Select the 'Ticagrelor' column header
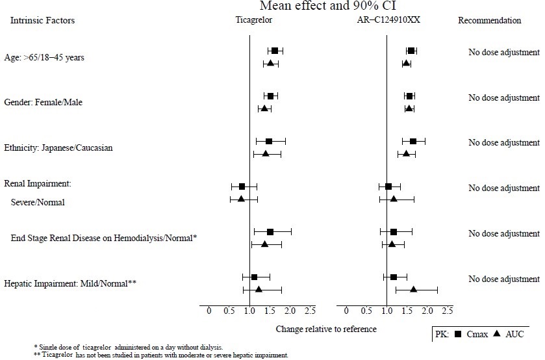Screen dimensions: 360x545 coord(253,20)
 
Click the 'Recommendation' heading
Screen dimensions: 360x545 coord(490,20)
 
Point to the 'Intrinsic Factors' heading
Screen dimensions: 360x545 coord(42,20)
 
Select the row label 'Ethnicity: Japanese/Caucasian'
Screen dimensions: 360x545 coord(58,148)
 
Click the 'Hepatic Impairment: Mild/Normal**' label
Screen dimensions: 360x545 coord(70,283)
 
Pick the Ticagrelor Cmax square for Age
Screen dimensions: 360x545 coord(275,51)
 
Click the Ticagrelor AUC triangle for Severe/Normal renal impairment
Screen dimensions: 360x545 coord(241,198)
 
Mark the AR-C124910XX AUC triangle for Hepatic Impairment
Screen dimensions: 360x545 coord(413,289)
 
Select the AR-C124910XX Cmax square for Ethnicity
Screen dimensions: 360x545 coord(413,141)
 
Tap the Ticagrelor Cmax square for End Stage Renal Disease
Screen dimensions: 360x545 coord(270,231)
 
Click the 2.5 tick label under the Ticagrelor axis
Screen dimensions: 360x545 coord(310,310)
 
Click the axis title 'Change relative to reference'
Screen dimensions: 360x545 coord(326,329)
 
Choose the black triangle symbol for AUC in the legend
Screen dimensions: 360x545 coord(497,334)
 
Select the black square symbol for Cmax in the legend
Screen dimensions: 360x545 coord(458,334)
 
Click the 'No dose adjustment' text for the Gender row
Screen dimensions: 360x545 coord(504,97)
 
